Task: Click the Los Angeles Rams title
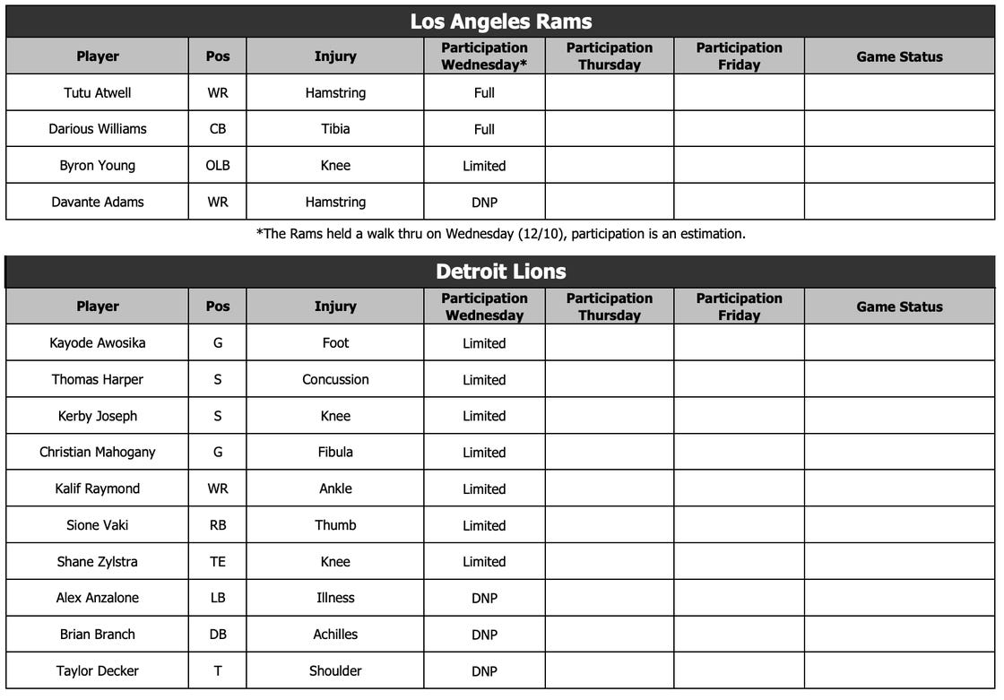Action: (500, 22)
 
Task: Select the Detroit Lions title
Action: (500, 272)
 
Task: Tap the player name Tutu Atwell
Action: (97, 92)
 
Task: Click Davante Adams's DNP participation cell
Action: (484, 203)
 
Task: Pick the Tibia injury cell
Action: (335, 129)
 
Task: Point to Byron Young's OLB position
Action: (218, 166)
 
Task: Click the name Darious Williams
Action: (97, 129)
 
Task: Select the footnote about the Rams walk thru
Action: (500, 234)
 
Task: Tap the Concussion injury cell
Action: (335, 380)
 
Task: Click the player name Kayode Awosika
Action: (97, 343)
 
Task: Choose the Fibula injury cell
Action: (335, 453)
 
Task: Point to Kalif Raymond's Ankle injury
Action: (335, 489)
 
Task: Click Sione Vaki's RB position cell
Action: (218, 526)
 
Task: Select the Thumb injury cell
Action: (335, 526)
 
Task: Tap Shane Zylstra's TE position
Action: (218, 562)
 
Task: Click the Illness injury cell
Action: (335, 598)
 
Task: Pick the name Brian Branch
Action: (97, 635)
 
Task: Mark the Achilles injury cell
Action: (335, 635)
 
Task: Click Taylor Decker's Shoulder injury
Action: (335, 671)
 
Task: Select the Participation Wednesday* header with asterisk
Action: (484, 56)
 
